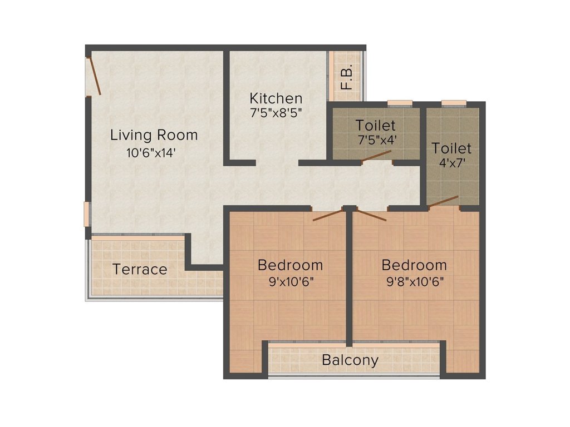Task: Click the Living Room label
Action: click(x=154, y=135)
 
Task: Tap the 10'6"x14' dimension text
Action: click(x=151, y=153)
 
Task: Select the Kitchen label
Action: click(x=276, y=98)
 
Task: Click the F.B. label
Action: click(x=347, y=78)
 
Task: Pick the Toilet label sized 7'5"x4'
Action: click(x=376, y=125)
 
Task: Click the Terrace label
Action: click(x=140, y=270)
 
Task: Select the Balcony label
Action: click(x=350, y=360)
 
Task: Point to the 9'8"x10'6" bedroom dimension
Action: click(x=415, y=281)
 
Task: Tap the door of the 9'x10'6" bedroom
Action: click(x=327, y=215)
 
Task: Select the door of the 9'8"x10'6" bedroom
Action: click(x=371, y=215)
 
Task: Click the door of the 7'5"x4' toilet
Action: click(x=376, y=156)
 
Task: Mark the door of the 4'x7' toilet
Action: click(x=443, y=201)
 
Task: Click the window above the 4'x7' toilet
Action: click(x=454, y=102)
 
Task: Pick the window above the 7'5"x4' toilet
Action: click(x=400, y=102)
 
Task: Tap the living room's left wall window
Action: click(x=87, y=214)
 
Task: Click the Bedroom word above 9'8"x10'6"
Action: click(x=415, y=265)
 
